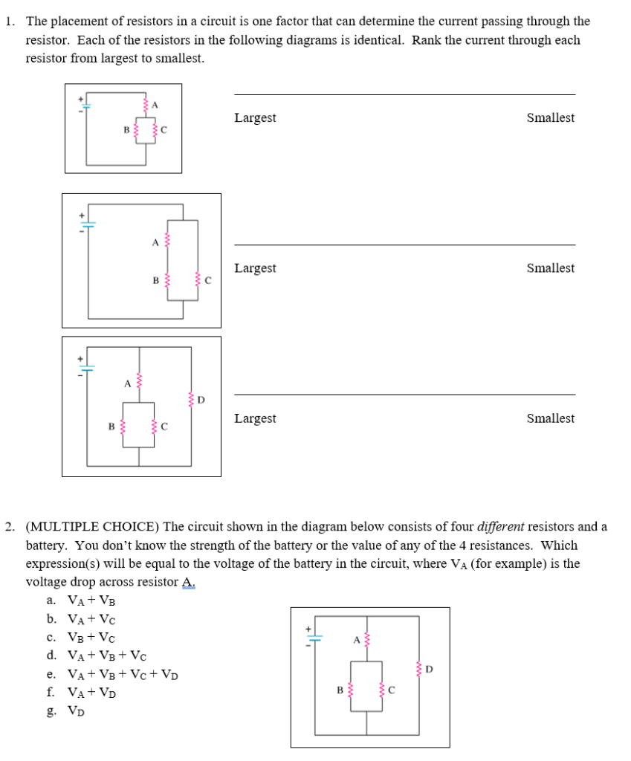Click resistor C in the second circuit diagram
pos(197,280)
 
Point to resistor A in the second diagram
pos(166,241)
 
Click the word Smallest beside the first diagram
pos(550,118)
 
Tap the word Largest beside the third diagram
pos(255,418)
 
